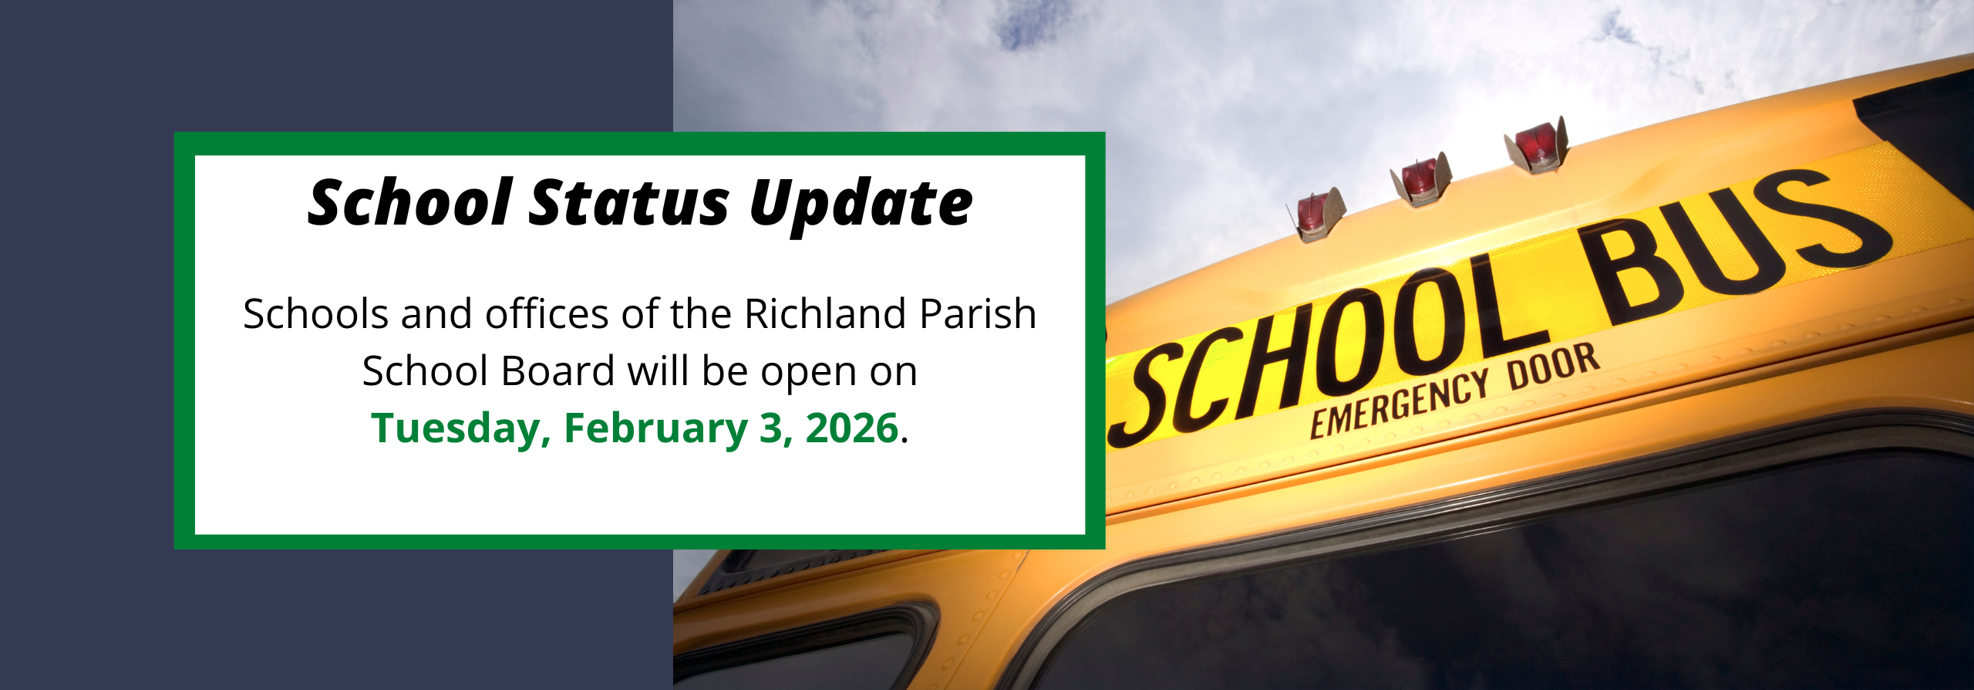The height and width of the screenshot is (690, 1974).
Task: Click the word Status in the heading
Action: [628, 202]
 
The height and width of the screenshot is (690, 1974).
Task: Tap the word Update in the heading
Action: [861, 205]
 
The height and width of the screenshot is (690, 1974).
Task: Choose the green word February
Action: [655, 429]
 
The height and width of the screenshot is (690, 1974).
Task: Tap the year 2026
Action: [852, 428]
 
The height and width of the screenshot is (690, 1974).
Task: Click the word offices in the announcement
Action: [547, 314]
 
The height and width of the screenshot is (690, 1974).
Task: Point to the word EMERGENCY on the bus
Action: [1400, 403]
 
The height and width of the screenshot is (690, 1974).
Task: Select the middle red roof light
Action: [1420, 180]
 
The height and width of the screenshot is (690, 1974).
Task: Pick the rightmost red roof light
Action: [1537, 144]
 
